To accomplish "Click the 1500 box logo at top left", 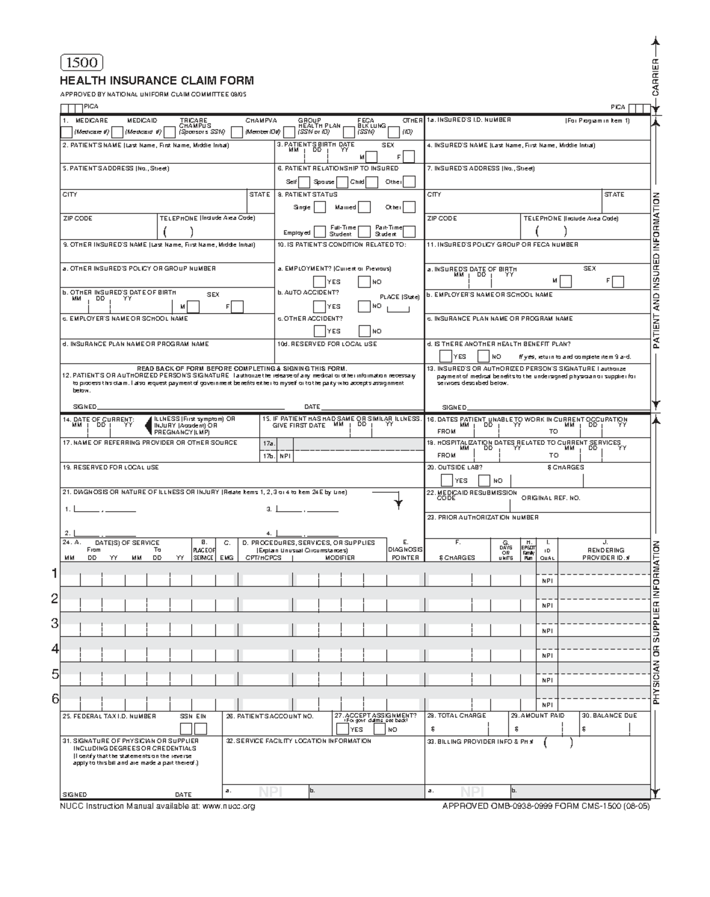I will point(82,63).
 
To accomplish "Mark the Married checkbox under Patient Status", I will point(364,207).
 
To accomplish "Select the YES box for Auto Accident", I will point(319,306).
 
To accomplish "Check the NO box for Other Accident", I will point(364,331).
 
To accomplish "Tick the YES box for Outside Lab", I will point(447,480).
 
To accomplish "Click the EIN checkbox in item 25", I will point(201,728).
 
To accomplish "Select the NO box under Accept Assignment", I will point(380,729).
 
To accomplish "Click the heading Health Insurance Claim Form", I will point(157,80).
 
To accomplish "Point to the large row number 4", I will point(55,648).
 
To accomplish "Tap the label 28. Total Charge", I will point(456,715).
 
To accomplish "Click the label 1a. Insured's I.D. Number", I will point(469,120).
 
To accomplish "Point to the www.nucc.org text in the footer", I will point(228,806).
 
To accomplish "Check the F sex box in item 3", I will point(409,157).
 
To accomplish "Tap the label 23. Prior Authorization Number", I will point(482,517).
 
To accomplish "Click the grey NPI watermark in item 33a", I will point(472,792).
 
